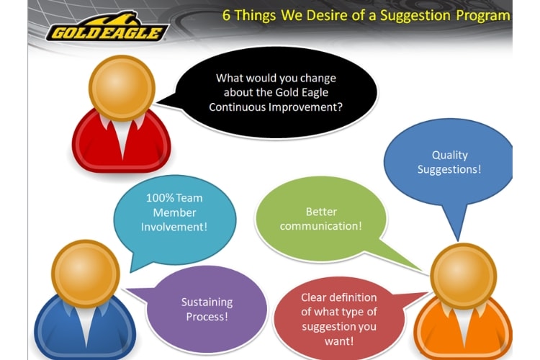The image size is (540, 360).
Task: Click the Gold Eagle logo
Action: [107, 27]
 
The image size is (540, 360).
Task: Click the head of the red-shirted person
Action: [122, 88]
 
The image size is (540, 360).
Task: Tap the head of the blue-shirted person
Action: [86, 274]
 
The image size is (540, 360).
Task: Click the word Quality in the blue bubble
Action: [450, 155]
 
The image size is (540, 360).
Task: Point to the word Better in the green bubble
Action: [321, 212]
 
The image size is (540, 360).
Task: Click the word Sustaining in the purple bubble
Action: [207, 302]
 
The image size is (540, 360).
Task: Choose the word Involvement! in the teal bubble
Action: [174, 227]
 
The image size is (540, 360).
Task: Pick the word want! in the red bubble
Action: [339, 341]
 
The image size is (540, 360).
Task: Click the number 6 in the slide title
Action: [226, 16]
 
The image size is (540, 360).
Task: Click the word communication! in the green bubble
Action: [321, 226]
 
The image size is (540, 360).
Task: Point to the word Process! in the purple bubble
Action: [207, 317]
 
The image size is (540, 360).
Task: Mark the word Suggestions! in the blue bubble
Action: [449, 169]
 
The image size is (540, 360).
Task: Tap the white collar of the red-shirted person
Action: [122, 136]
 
